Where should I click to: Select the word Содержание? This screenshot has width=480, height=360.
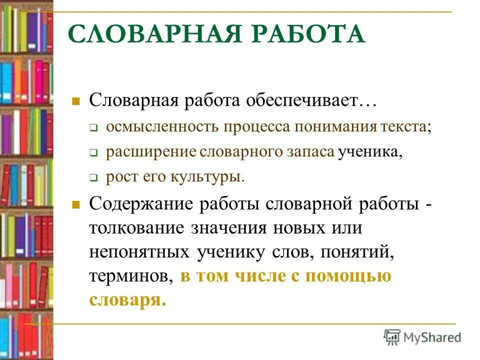[x=142, y=204]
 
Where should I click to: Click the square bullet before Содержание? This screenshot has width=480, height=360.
[x=76, y=205]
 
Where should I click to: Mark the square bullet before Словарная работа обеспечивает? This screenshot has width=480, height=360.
[x=76, y=101]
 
